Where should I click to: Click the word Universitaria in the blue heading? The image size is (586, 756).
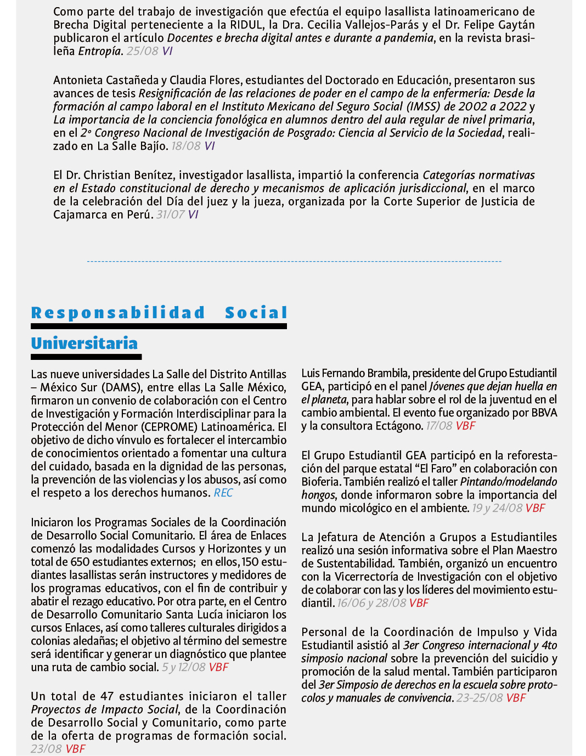(x=84, y=343)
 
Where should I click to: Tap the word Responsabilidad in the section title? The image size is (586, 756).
(x=118, y=313)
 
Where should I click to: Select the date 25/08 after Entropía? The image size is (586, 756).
(x=142, y=51)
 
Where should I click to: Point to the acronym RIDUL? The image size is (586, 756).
(x=247, y=25)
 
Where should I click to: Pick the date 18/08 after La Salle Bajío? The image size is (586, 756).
(x=186, y=146)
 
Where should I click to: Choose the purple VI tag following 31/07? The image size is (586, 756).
(x=193, y=215)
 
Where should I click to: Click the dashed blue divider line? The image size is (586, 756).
(x=294, y=262)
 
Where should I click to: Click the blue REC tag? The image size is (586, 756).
(x=223, y=493)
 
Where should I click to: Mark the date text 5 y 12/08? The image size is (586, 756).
(x=184, y=667)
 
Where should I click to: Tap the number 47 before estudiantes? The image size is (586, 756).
(x=107, y=696)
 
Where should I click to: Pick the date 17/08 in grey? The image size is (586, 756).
(x=439, y=426)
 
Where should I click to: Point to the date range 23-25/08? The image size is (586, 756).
(x=480, y=698)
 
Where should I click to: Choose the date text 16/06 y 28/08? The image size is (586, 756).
(x=371, y=603)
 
